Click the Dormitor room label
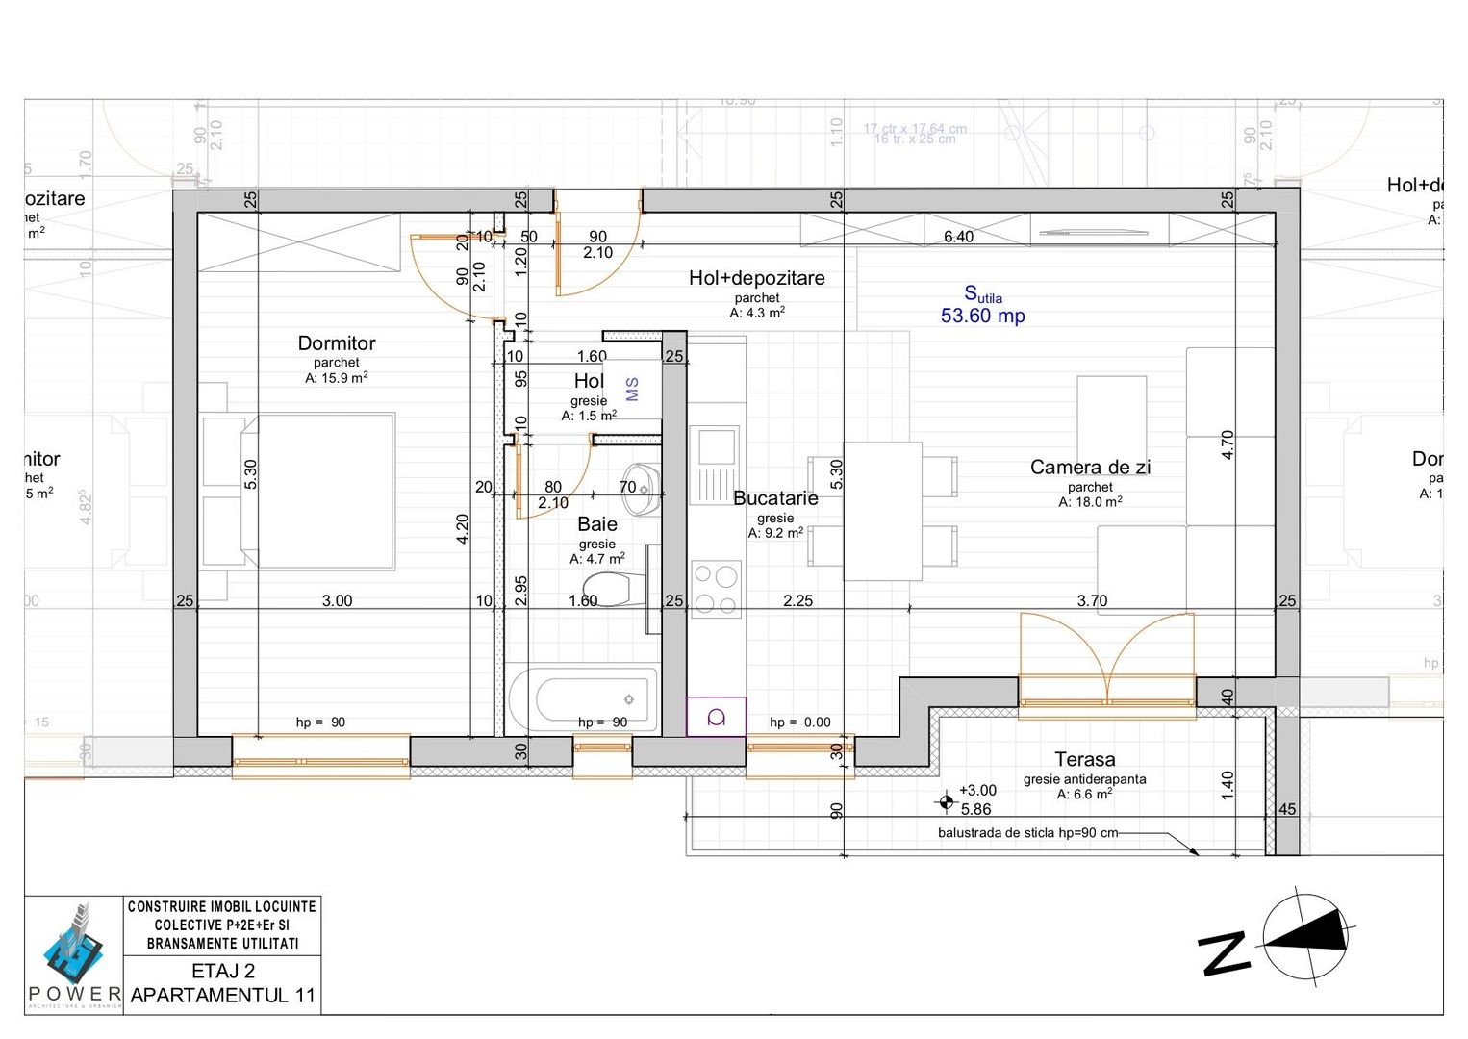coord(336,343)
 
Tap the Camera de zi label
coord(1090,468)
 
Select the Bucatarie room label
coord(775,498)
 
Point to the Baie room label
coord(597,524)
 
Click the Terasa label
coord(1084,759)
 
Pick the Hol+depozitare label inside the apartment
coord(756,278)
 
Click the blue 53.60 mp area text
coord(982,316)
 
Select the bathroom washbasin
coord(647,486)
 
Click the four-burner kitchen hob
coord(716,589)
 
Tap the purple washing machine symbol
coord(716,717)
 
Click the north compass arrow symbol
coord(1304,934)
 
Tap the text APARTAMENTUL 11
coord(222,995)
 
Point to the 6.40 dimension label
coord(958,237)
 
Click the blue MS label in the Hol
coord(632,390)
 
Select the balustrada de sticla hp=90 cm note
coord(1027,833)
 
